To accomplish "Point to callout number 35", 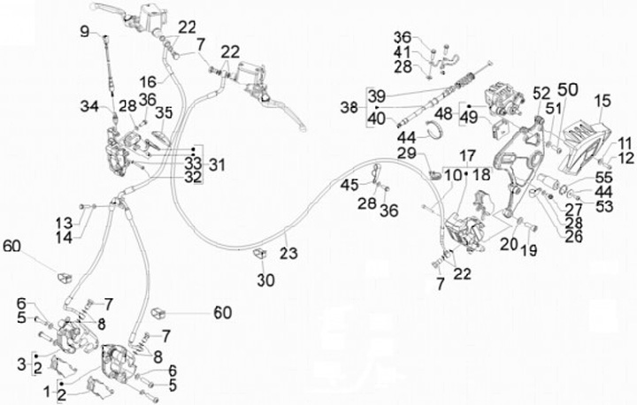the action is click(164, 112).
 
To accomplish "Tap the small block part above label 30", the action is click(261, 255).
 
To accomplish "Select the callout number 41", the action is click(403, 52).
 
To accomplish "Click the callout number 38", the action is click(348, 107).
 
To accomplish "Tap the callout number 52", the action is click(541, 92).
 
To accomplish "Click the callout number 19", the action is click(528, 250).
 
